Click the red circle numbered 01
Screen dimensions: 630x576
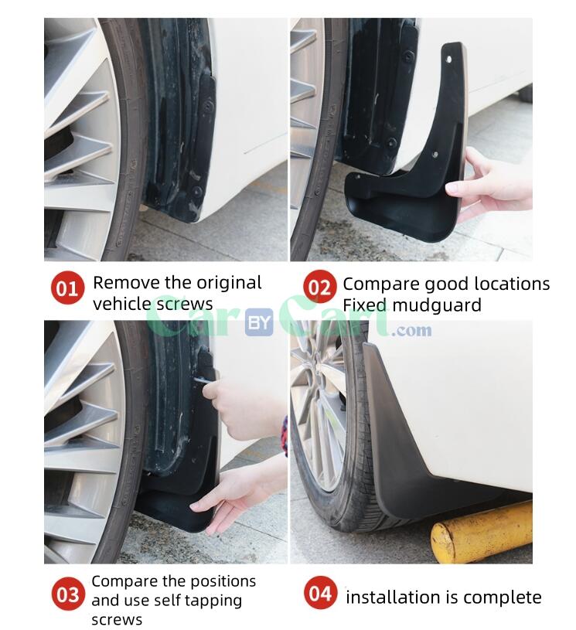pyautogui.click(x=68, y=289)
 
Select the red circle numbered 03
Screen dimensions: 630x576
pyautogui.click(x=68, y=595)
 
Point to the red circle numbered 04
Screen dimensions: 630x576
pyautogui.click(x=319, y=594)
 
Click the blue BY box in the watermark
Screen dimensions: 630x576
pyautogui.click(x=259, y=324)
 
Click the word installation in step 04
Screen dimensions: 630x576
pyautogui.click(x=393, y=597)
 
